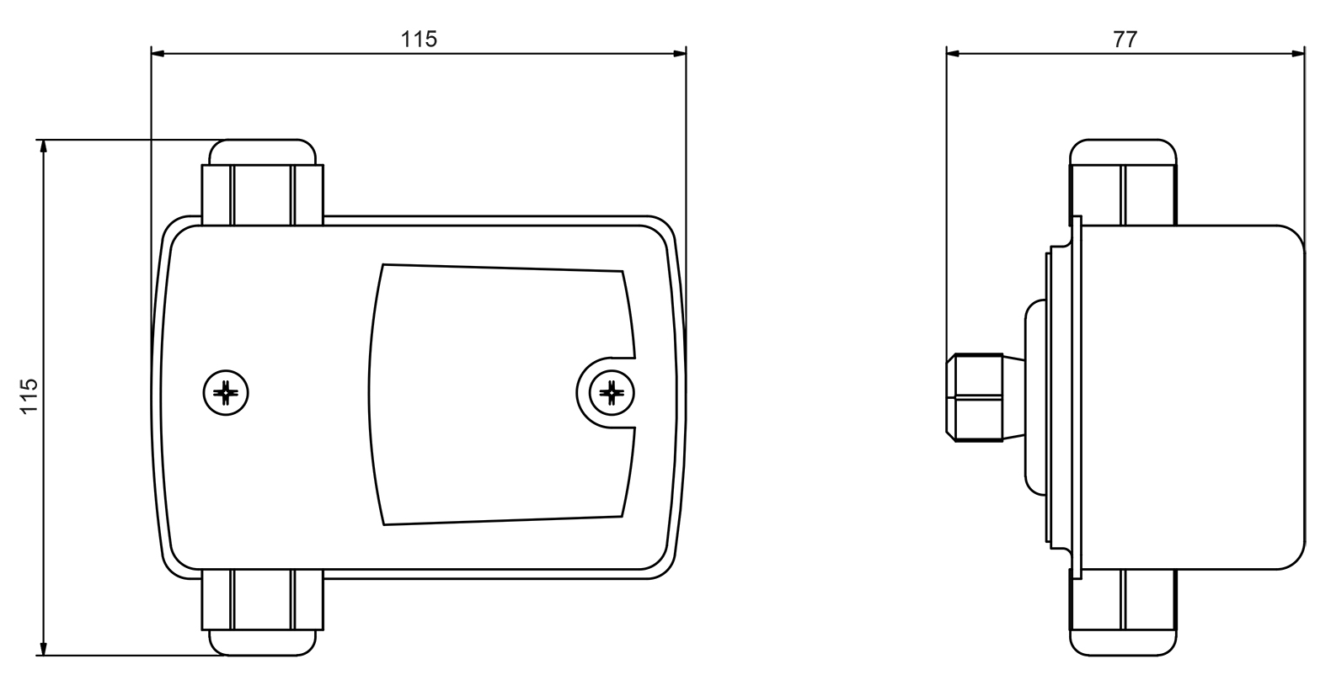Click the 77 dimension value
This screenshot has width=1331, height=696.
1125,40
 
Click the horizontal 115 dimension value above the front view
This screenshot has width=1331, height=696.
419,40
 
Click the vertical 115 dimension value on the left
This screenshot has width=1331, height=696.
29,396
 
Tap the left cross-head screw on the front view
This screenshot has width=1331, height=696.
226,392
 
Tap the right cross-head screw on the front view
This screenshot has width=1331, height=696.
612,392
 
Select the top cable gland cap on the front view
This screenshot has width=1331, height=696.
263,151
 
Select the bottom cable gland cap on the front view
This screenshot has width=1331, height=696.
263,643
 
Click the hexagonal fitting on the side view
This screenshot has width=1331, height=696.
975,397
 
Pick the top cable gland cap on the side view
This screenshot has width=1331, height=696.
1123,152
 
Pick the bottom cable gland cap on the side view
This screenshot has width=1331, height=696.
1123,643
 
